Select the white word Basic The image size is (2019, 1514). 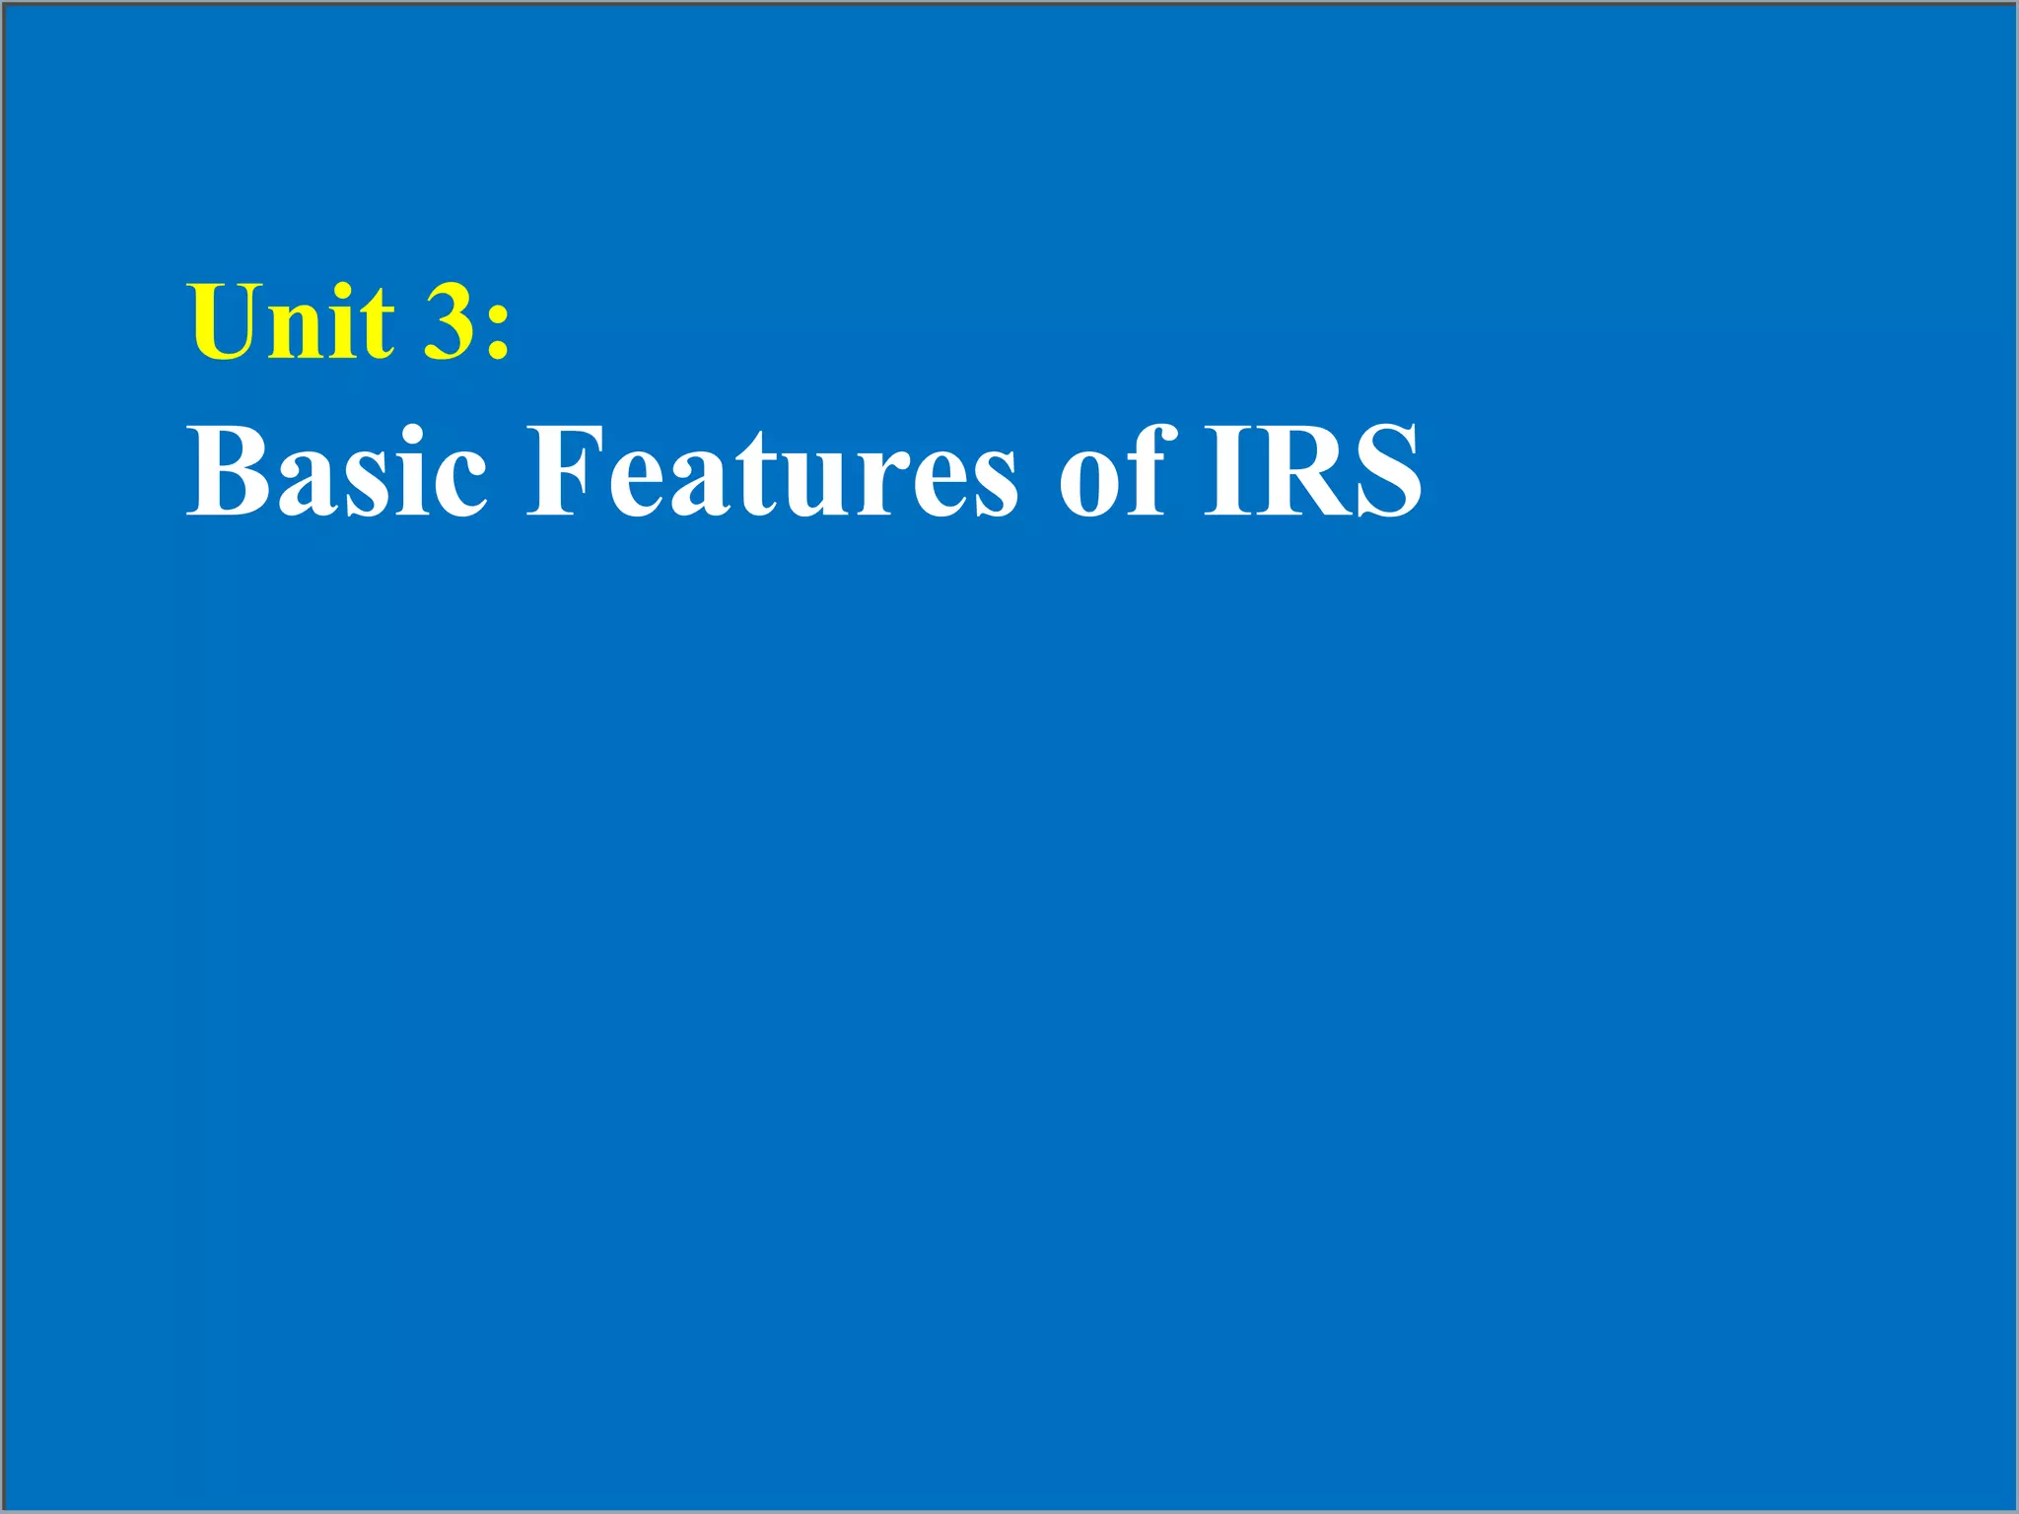(336, 471)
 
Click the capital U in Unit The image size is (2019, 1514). (226, 321)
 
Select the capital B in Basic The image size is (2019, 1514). (228, 471)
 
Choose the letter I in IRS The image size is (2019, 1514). (1225, 471)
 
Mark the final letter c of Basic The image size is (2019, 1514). (459, 481)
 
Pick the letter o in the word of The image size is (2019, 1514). (1092, 481)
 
